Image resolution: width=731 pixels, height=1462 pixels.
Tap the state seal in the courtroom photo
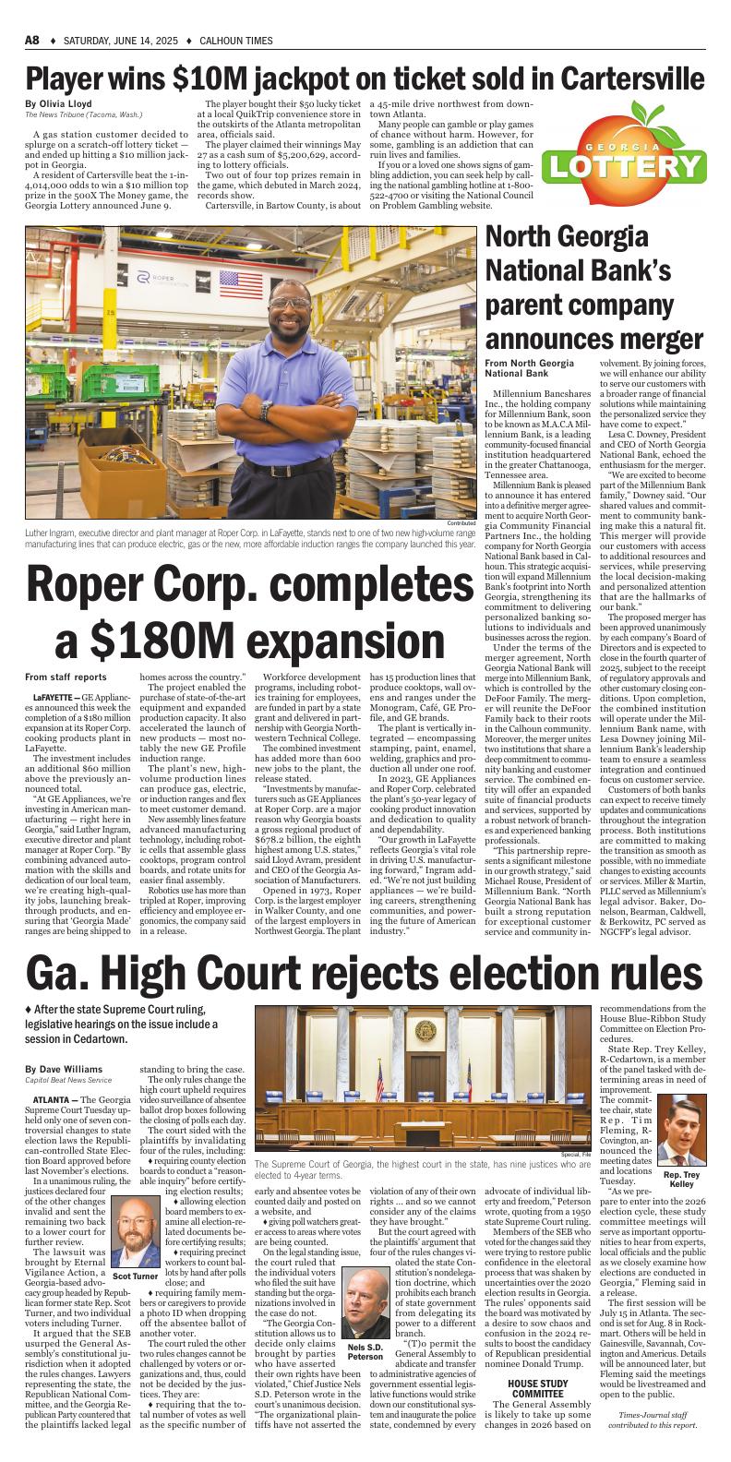tap(425, 1031)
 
